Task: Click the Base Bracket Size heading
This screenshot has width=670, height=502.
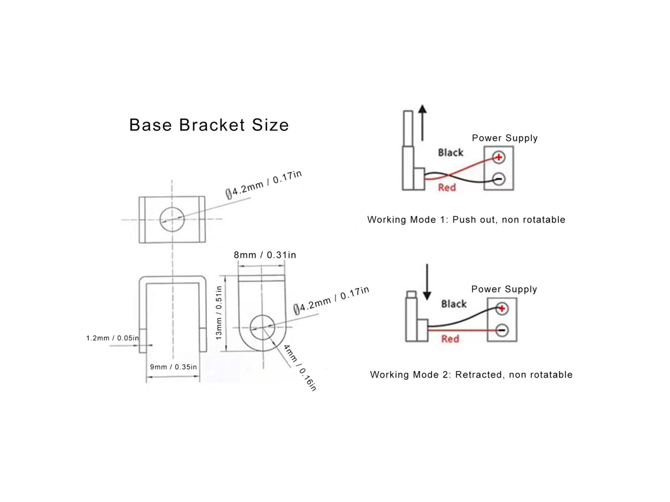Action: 209,125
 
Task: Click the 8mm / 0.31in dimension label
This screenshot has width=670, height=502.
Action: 265,255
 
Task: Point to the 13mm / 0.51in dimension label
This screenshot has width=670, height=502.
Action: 219,313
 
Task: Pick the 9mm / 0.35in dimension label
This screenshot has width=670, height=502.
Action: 173,367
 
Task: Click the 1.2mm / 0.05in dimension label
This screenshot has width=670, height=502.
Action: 112,338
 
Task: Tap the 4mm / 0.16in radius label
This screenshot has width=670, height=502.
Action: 300,368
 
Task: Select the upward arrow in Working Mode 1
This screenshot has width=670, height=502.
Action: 423,123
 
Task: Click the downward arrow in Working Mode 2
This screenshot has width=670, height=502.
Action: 427,282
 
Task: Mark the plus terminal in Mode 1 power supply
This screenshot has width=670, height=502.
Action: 498,157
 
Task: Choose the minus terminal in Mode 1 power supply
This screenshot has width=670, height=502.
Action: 498,179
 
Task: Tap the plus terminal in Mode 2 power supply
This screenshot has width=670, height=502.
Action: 502,309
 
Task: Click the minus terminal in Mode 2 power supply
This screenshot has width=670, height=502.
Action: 502,331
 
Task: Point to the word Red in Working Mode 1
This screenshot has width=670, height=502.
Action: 447,187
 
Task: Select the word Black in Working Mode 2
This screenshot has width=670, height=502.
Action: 454,304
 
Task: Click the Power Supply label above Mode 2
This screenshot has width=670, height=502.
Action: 504,289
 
